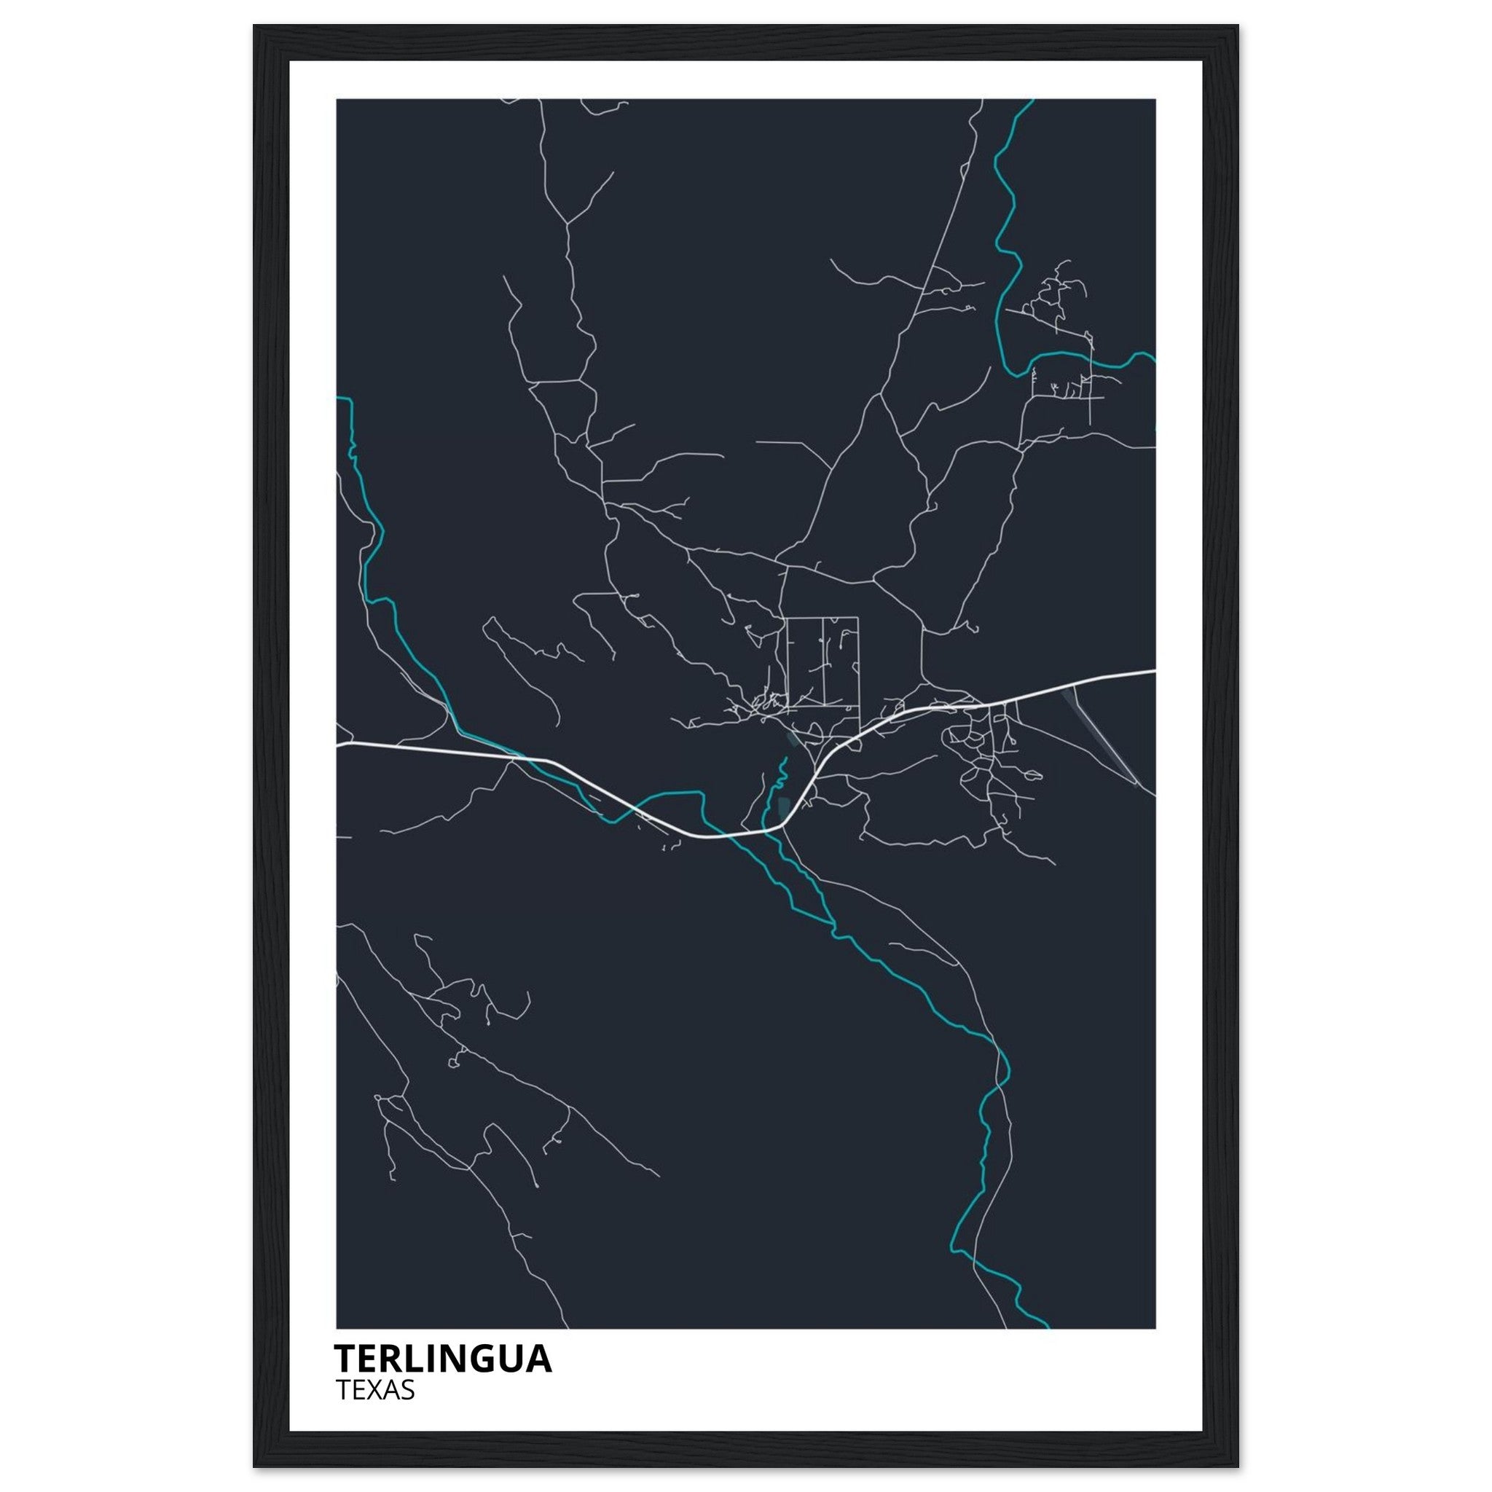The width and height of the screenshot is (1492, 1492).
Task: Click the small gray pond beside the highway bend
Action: point(785,808)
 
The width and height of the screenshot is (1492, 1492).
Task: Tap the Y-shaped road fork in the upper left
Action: point(568,224)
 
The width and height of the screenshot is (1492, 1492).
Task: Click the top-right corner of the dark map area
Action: point(1155,100)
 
